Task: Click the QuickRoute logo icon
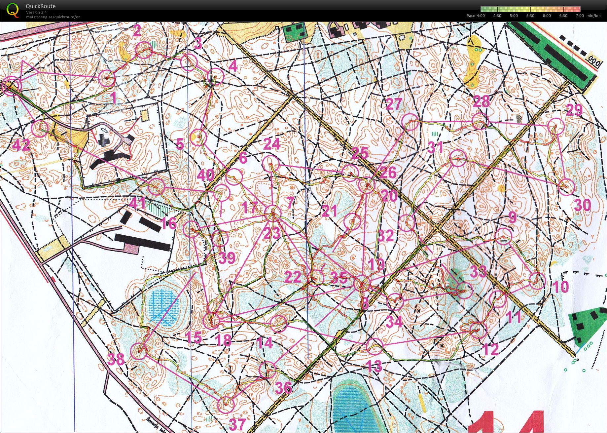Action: coord(13,10)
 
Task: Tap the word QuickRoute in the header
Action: coord(41,6)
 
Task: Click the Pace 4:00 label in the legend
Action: coord(476,16)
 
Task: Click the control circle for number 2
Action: coord(144,50)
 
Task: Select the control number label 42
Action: coord(21,145)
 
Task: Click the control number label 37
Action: coord(237,424)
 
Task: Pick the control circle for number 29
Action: coord(556,126)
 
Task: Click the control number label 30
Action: coord(583,206)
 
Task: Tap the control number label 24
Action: coord(272,144)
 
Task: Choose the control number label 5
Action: coord(180,144)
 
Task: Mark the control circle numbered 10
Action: coord(537,281)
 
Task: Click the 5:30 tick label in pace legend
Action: coord(530,16)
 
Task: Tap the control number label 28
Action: coord(481,101)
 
